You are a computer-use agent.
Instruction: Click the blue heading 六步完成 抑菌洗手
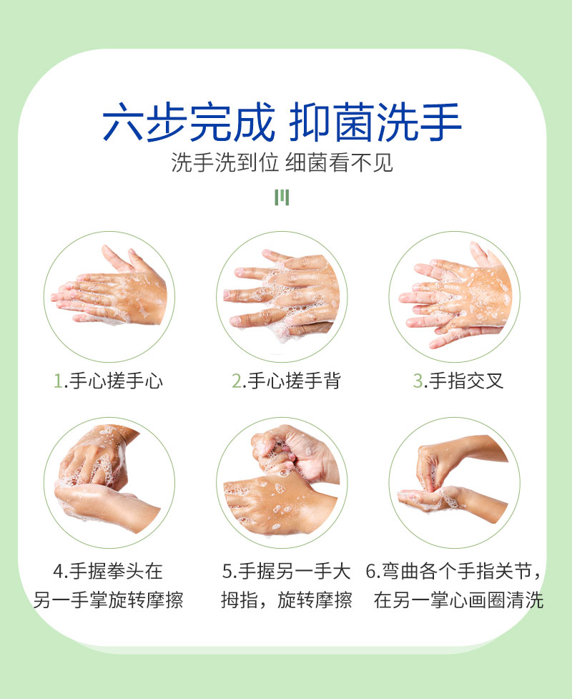click(282, 122)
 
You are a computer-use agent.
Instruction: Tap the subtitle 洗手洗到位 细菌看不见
click(282, 162)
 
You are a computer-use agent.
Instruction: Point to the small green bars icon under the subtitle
click(282, 197)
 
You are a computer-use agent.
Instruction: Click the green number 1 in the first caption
click(58, 381)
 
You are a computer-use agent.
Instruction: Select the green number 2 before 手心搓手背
click(237, 381)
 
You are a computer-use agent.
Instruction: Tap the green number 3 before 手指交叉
click(418, 381)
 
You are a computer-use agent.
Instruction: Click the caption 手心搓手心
click(116, 381)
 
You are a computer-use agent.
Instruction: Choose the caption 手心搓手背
click(295, 381)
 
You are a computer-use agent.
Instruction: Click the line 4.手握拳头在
click(108, 571)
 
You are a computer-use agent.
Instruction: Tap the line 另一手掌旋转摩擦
click(108, 600)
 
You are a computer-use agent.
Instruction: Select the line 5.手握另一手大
click(287, 571)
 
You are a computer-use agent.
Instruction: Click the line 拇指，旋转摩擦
click(287, 600)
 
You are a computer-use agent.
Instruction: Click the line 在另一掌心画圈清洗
click(459, 600)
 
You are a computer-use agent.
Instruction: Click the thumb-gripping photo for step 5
click(282, 483)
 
